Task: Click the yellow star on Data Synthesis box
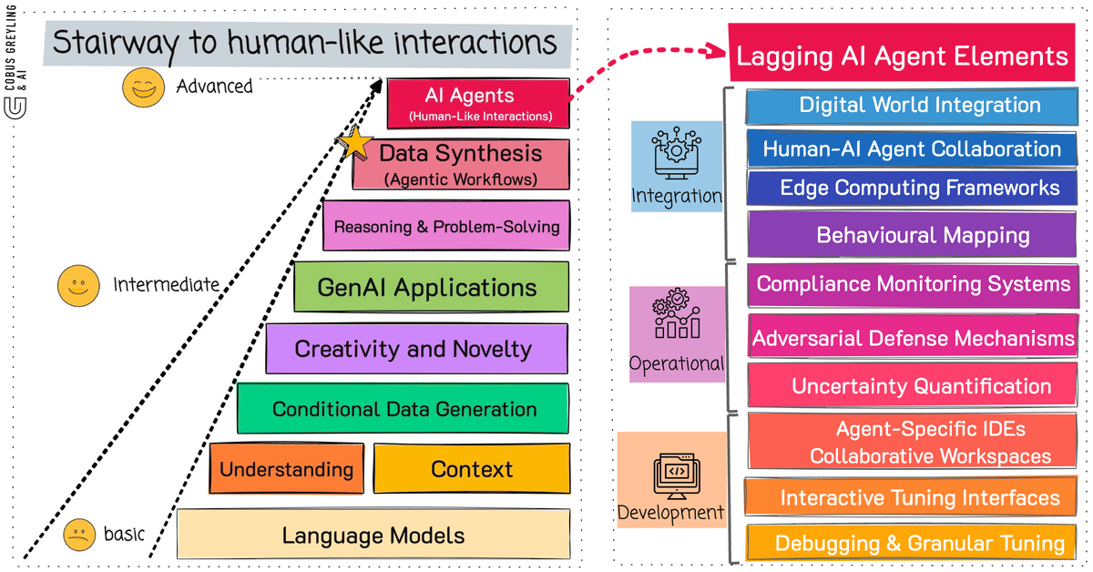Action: tap(355, 142)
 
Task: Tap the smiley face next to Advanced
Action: tap(144, 87)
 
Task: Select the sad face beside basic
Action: tap(79, 535)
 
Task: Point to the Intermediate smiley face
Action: tap(78, 285)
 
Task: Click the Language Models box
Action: tap(373, 534)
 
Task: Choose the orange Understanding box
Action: tap(286, 468)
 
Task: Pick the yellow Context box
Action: tap(472, 468)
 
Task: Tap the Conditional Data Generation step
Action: tap(403, 408)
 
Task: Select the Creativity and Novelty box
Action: tap(417, 349)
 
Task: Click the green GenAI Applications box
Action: tap(432, 287)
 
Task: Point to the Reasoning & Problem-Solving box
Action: tap(446, 226)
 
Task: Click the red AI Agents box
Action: tap(478, 104)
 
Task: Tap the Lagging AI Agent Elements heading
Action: tap(902, 52)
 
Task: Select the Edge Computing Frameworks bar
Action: tap(912, 188)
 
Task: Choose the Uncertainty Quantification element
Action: tap(913, 385)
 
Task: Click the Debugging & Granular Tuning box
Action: tap(912, 543)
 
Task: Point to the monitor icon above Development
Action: tap(677, 475)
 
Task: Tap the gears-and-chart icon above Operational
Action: tap(677, 313)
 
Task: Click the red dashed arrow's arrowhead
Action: tap(715, 50)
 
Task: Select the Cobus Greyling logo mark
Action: tap(15, 107)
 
